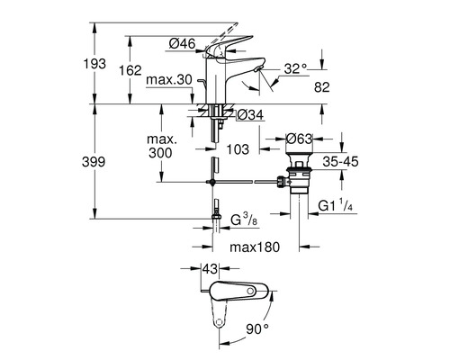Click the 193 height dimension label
coord(94,64)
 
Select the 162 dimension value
coord(130,70)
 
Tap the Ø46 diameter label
coord(182,44)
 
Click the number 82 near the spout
coord(322,87)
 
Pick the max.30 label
coord(169,80)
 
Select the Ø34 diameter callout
coord(250,115)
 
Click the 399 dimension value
coord(94,162)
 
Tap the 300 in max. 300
coord(160,153)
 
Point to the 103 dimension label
coord(238,149)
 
